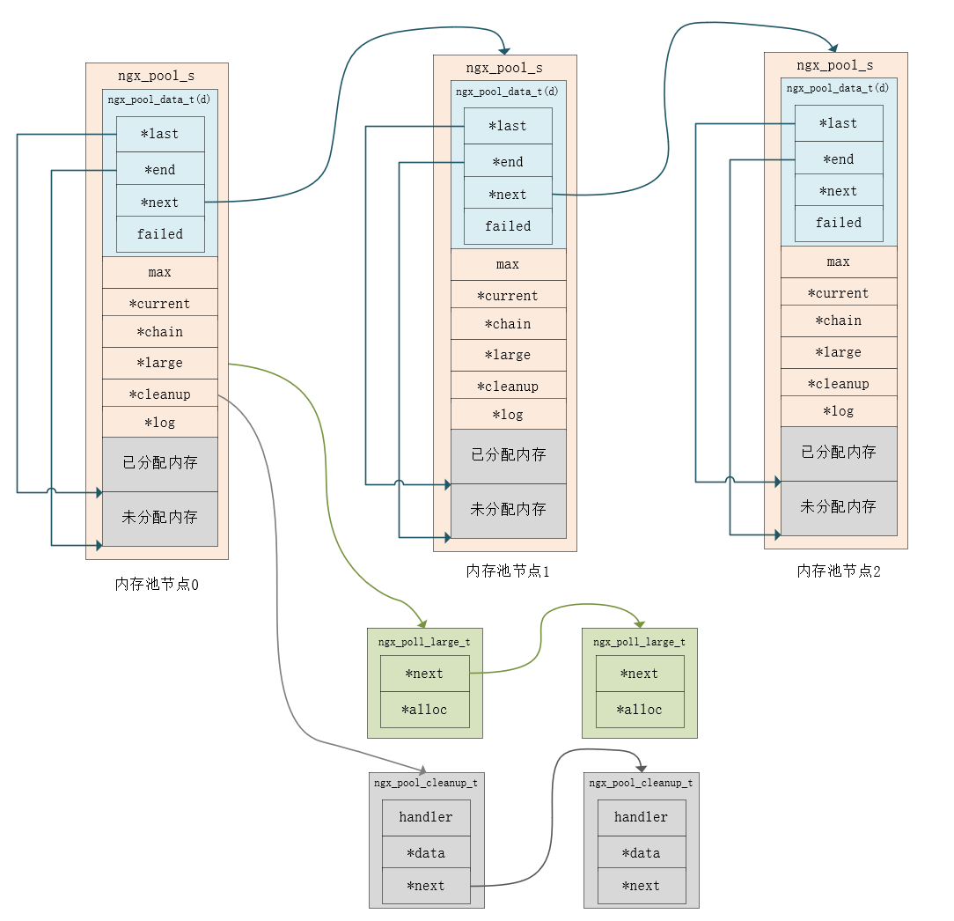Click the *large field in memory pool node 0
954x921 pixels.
click(159, 363)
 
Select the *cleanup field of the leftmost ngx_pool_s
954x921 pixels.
click(159, 394)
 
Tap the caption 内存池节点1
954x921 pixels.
click(508, 571)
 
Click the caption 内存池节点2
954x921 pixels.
click(839, 571)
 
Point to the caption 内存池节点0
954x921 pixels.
click(157, 584)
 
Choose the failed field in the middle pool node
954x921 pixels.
click(508, 226)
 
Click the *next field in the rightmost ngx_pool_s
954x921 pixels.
click(838, 191)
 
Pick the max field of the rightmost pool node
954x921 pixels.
click(839, 262)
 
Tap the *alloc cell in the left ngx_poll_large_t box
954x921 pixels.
click(424, 710)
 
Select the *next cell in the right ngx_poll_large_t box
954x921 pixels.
click(639, 674)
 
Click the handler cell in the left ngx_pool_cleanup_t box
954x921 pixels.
click(426, 817)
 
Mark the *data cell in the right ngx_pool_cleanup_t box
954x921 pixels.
click(641, 853)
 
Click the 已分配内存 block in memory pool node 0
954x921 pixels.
click(159, 463)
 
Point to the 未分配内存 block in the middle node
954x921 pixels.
click(508, 510)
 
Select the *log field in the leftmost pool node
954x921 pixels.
click(159, 422)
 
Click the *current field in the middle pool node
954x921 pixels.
click(508, 296)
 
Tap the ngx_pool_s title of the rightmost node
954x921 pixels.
click(834, 65)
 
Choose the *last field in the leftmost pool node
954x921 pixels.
click(160, 134)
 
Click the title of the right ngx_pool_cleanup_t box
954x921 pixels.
click(641, 782)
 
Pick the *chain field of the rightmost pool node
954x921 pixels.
click(839, 321)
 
